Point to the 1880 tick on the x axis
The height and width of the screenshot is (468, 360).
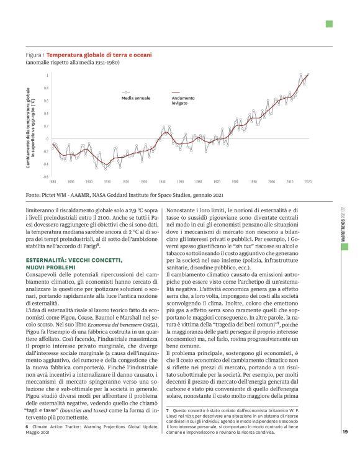53,182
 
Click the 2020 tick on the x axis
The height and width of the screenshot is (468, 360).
308,182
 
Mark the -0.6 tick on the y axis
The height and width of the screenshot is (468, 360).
45,177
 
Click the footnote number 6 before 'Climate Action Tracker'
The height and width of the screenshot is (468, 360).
27,427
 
